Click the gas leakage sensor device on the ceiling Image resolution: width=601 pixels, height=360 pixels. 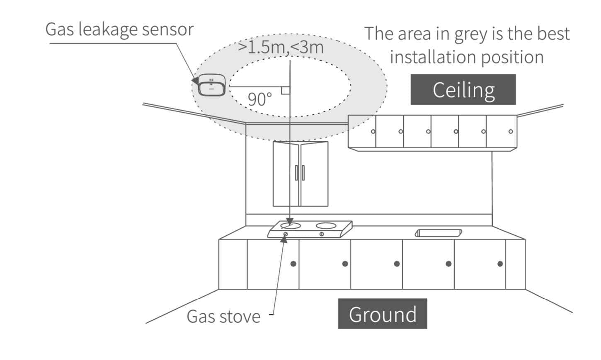click(211, 85)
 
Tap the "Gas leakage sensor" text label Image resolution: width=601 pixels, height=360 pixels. click(119, 29)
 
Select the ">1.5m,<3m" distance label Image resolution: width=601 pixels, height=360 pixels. click(281, 47)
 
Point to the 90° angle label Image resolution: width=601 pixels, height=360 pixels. click(260, 99)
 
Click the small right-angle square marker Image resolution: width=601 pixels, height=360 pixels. click(286, 91)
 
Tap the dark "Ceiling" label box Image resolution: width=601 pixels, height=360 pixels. click(463, 89)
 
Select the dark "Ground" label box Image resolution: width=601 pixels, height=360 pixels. click(382, 314)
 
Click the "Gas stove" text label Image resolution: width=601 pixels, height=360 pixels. click(223, 316)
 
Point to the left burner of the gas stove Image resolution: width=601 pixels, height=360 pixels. click(290, 225)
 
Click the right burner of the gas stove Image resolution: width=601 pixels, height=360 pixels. click(326, 226)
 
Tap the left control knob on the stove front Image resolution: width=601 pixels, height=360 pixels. click(285, 234)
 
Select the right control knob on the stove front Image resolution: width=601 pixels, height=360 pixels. click(322, 234)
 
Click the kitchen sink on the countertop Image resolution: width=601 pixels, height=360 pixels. click(439, 233)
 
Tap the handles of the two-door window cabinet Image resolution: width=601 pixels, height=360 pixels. click(300, 172)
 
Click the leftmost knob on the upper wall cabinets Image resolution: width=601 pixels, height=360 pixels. click(373, 131)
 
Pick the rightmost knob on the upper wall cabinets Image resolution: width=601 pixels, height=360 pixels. click(511, 131)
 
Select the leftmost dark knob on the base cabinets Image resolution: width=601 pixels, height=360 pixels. click(293, 263)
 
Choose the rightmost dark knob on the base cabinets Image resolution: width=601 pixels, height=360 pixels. click(500, 263)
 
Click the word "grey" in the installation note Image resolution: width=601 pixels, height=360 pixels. click(470, 34)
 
